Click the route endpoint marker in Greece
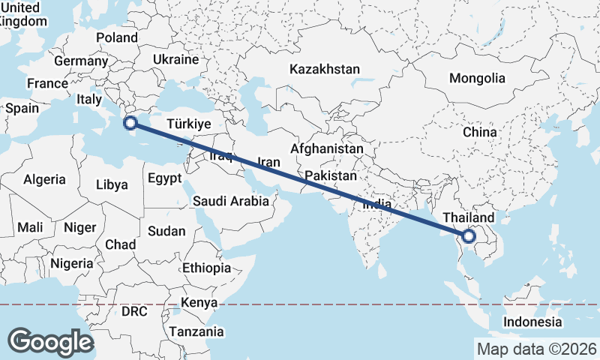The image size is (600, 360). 130,122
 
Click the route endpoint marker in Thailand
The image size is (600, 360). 469,236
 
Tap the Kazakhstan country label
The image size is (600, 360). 324,69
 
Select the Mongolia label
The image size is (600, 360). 477,78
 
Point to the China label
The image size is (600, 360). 480,132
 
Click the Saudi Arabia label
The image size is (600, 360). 230,201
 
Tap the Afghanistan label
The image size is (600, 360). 327,149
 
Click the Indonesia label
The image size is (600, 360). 532,322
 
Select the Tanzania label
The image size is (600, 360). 196,331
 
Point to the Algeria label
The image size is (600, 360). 45,179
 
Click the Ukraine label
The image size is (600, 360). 175,59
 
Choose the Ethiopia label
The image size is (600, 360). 206,268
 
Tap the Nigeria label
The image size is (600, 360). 72,263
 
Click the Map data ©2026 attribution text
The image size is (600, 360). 536,349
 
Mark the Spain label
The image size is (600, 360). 22,108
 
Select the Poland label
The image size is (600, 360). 117,37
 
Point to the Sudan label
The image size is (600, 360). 166,232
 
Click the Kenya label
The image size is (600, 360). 199,302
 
